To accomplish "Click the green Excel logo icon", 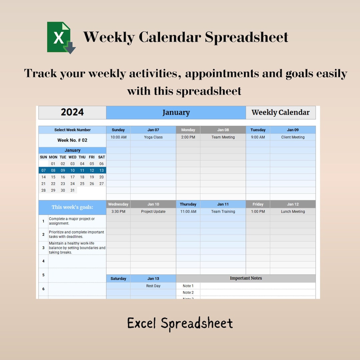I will (61, 37).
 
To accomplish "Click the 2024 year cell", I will (72, 112).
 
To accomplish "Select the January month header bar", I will (176, 113).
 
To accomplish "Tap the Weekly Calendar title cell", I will (280, 113).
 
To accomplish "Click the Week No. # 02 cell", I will (72, 140).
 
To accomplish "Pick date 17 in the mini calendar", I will (72, 177).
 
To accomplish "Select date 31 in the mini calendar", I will (72, 190).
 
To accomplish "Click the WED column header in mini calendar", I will (72, 157).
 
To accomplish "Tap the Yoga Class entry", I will (153, 137).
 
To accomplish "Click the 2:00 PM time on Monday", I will (188, 137).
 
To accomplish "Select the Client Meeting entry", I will (293, 137).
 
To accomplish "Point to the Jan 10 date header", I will (153, 204).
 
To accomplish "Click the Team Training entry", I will (223, 211).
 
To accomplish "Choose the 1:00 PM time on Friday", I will (258, 211).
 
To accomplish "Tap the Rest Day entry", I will (153, 286).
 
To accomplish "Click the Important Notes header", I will (246, 278).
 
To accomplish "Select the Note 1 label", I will (188, 286).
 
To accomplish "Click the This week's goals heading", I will (72, 207).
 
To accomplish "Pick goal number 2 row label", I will (43, 234).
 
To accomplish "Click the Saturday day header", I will (118, 279).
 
